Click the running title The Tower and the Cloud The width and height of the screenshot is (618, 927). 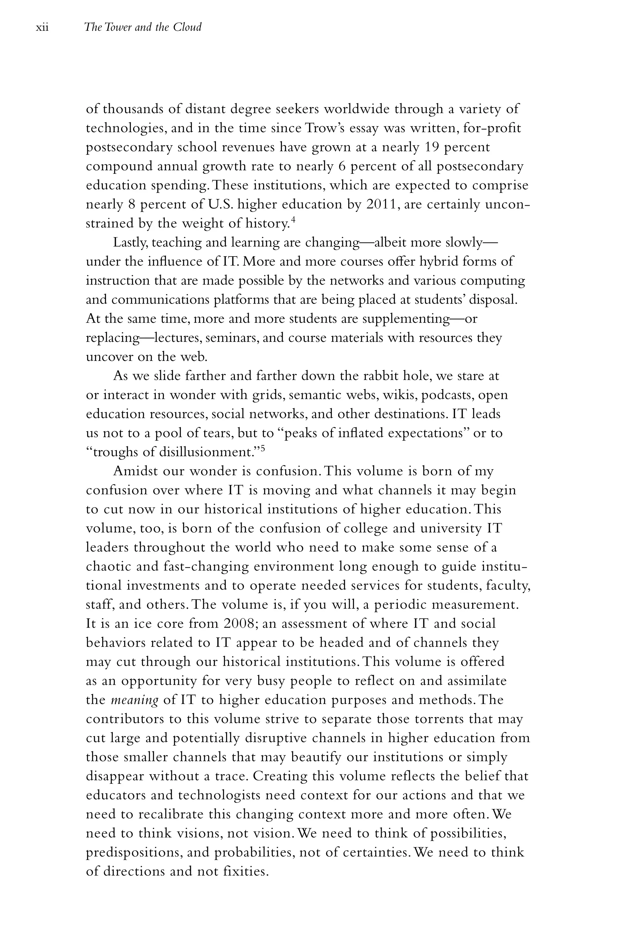tap(143, 27)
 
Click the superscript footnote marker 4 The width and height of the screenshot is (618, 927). tap(293, 220)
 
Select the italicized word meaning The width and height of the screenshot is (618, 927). tap(134, 700)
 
